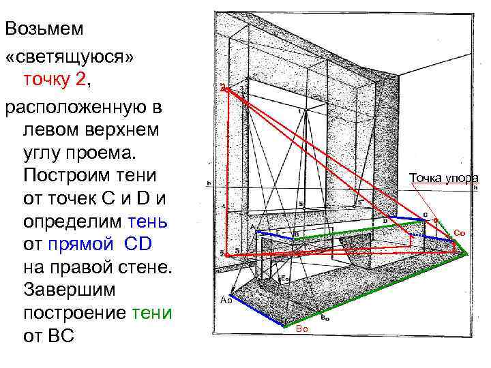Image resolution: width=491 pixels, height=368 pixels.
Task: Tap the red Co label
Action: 459,233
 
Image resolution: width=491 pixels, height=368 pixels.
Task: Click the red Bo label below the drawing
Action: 302,329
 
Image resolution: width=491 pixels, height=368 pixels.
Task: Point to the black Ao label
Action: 226,301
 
